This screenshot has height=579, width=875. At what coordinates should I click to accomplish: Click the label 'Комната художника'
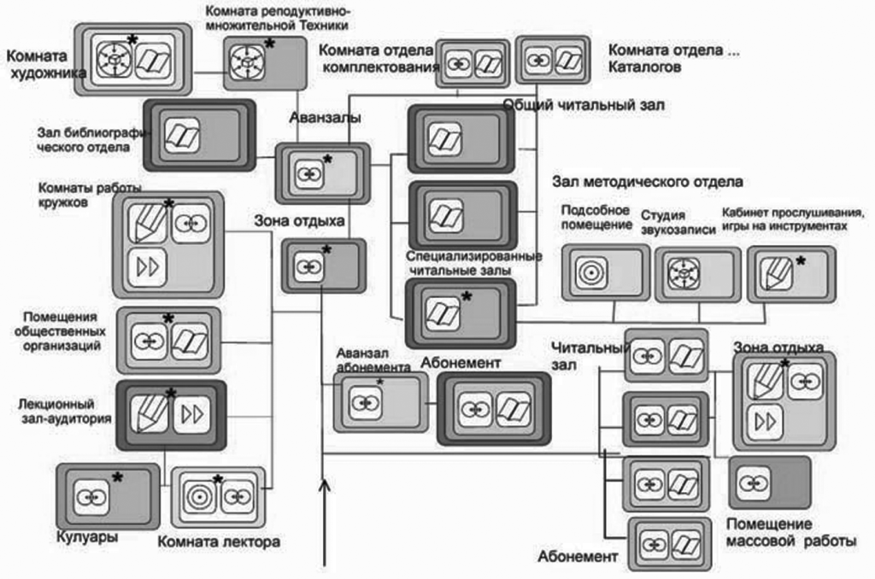point(45,65)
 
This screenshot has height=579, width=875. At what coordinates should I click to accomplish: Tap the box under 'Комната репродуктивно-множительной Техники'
point(264,62)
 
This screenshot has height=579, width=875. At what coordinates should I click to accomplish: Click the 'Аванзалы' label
point(312,117)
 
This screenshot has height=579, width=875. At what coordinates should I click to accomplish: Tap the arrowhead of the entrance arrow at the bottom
point(324,488)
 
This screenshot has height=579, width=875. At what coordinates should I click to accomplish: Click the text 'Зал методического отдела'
point(647,181)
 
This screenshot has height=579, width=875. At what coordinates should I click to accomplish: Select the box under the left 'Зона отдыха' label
point(323,266)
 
